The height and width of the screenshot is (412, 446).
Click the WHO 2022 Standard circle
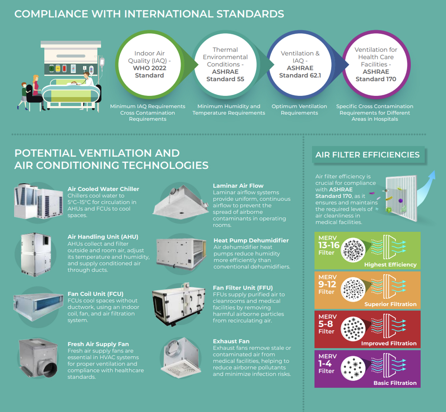pyautogui.click(x=150, y=65)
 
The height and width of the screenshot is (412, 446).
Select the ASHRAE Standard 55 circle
pyautogui.click(x=225, y=65)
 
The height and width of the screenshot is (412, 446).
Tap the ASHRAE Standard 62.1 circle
pyautogui.click(x=300, y=65)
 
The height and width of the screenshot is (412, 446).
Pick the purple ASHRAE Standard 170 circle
pyautogui.click(x=376, y=65)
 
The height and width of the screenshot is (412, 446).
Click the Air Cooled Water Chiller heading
pyautogui.click(x=103, y=189)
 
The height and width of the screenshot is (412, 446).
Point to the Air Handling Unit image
pyautogui.click(x=36, y=255)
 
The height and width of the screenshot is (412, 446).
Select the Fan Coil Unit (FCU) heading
pyautogui.click(x=95, y=294)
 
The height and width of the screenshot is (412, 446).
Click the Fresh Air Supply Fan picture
pyautogui.click(x=38, y=358)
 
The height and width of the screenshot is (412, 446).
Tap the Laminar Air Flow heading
pyautogui.click(x=238, y=186)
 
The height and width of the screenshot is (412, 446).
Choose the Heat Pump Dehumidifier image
pyautogui.click(x=181, y=253)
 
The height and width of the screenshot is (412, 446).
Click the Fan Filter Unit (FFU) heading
pyautogui.click(x=243, y=288)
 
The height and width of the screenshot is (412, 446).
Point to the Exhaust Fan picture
pyautogui.click(x=180, y=358)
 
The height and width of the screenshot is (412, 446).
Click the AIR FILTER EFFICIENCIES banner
pyautogui.click(x=367, y=155)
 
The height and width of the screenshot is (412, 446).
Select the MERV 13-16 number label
pyautogui.click(x=329, y=245)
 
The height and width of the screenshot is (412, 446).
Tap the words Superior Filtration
pyautogui.click(x=390, y=304)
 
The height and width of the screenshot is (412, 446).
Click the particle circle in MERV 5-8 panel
pyautogui.click(x=353, y=329)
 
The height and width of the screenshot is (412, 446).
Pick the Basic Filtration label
pyautogui.click(x=395, y=383)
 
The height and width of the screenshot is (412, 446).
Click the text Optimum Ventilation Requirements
pyautogui.click(x=299, y=110)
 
